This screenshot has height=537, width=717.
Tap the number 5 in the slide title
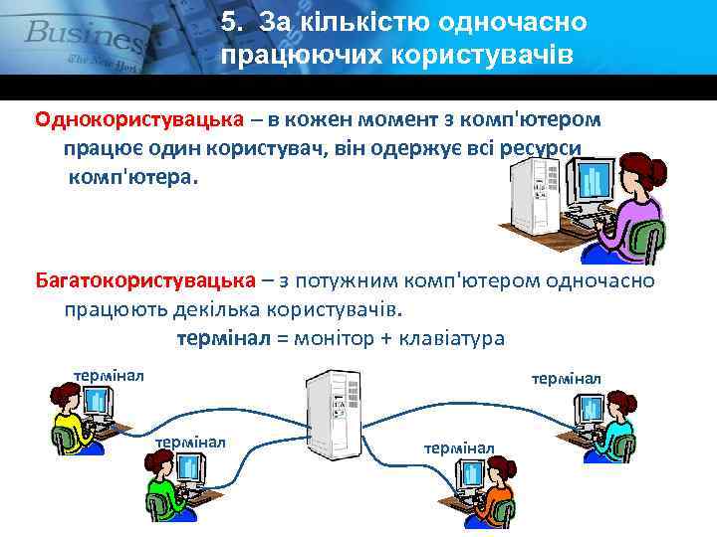[x=230, y=22]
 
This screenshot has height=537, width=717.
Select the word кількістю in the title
[x=374, y=22]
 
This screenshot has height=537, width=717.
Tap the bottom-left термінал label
[x=190, y=441]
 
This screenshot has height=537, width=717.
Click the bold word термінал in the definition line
[x=223, y=339]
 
